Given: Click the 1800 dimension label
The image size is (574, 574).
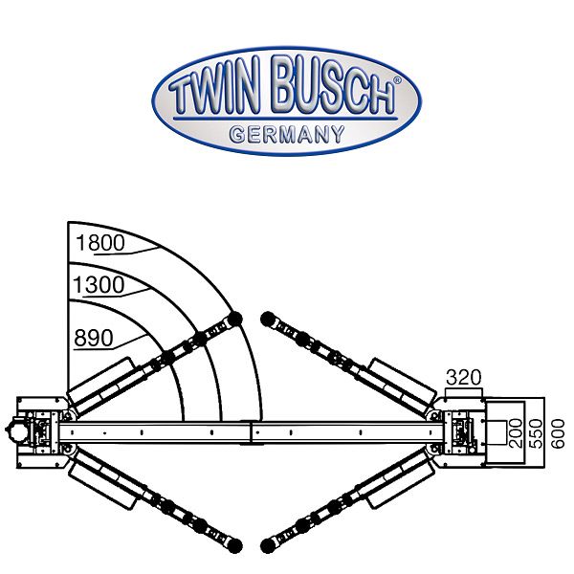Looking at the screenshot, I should tap(99, 243).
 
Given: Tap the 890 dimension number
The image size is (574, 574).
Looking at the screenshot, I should tap(93, 338).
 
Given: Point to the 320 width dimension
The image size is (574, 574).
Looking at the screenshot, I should tap(462, 376).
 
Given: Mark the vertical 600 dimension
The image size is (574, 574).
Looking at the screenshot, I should tap(559, 430).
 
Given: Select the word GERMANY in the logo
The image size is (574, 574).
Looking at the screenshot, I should tap(286, 135).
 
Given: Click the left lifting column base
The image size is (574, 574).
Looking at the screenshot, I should tap(38, 430).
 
